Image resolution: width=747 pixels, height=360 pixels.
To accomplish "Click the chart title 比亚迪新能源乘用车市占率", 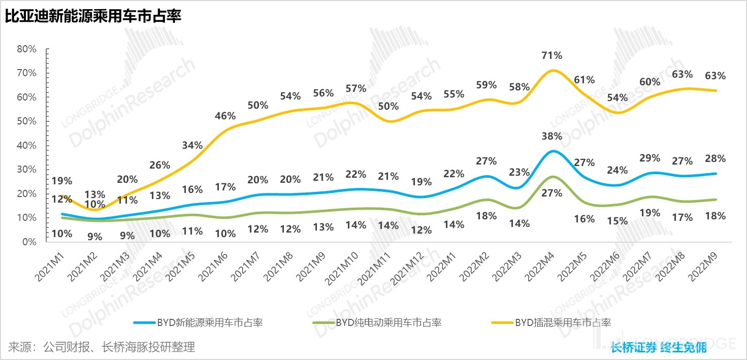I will [x=93, y=16].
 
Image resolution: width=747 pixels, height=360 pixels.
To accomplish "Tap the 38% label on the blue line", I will [x=552, y=136].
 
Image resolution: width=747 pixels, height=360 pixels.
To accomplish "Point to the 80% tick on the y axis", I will [x=26, y=49].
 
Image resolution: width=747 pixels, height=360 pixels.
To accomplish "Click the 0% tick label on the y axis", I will [x=29, y=242].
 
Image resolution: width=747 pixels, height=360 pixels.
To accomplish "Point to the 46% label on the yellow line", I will [x=225, y=116].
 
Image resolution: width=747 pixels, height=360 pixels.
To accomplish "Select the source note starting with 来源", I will [x=102, y=347].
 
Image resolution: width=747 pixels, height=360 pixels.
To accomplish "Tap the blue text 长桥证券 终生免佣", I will [x=659, y=348].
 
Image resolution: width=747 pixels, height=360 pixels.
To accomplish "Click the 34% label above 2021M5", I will [x=192, y=146].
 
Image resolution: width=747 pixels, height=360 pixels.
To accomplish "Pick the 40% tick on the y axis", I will [x=26, y=146].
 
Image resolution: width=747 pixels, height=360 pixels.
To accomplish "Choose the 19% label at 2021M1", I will [x=62, y=181].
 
